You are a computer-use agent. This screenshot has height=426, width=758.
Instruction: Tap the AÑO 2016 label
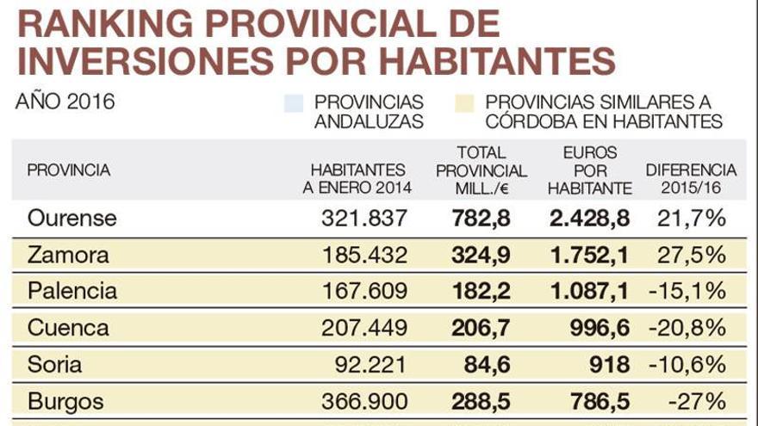click(x=65, y=102)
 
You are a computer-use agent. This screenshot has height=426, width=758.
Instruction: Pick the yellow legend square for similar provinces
click(x=466, y=103)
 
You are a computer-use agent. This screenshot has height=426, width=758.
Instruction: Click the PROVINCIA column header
click(x=69, y=170)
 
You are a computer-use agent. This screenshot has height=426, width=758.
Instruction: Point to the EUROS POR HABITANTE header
click(x=590, y=170)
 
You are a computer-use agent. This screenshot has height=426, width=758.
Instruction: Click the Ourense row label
click(x=71, y=219)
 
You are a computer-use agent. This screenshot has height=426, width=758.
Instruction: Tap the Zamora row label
click(x=68, y=255)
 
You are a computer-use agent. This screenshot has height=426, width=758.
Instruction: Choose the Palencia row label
click(x=72, y=291)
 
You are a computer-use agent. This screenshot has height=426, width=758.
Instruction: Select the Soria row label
click(x=55, y=364)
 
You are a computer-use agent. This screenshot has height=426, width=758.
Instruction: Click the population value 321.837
click(x=363, y=219)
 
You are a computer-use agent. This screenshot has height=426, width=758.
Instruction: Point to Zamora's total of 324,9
click(x=482, y=255)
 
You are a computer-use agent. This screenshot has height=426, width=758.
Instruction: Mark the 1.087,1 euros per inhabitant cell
click(x=589, y=291)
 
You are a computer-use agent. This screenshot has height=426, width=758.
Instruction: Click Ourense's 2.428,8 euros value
click(x=589, y=219)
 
